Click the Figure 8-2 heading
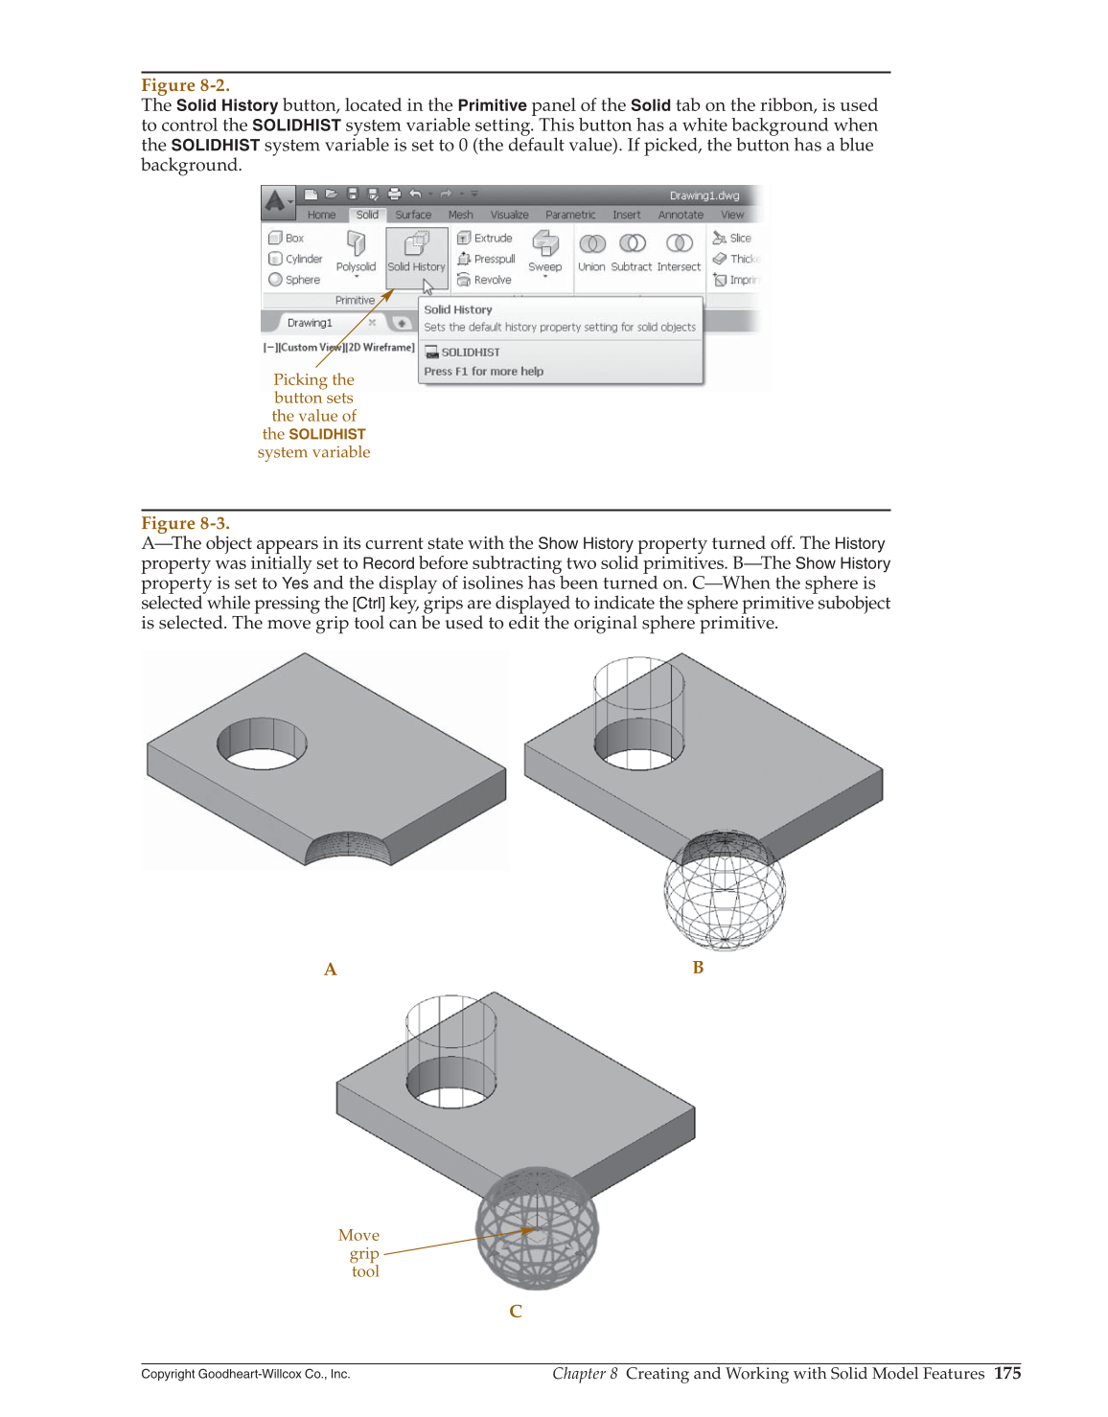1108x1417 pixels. coord(185,85)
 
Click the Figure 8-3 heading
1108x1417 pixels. coord(185,523)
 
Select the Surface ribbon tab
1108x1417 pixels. coord(413,215)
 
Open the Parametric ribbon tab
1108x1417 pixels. coord(570,215)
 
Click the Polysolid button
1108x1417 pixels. coord(356,253)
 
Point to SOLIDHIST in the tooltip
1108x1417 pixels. coord(470,352)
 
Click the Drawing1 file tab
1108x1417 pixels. coord(310,323)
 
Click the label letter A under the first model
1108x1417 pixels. coord(331,970)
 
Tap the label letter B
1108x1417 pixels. coord(698,968)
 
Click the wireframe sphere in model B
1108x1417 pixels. coord(725,891)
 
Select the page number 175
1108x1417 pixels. coord(1007,1373)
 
